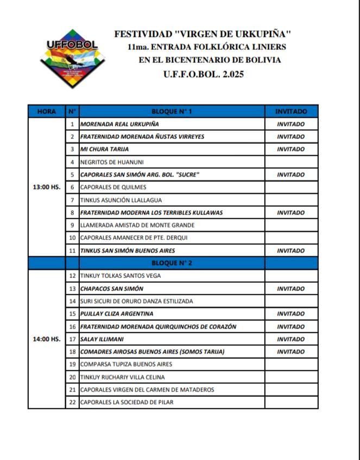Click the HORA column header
point(46,111)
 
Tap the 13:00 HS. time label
point(46,187)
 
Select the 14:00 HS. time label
point(46,339)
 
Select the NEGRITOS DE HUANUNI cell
point(112,162)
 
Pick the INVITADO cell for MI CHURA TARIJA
point(290,149)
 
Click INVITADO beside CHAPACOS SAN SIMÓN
point(290,288)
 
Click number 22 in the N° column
point(72,402)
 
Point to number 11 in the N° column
point(72,250)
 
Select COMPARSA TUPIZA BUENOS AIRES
point(126,364)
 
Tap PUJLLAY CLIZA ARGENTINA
point(117,313)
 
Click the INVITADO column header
point(290,111)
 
